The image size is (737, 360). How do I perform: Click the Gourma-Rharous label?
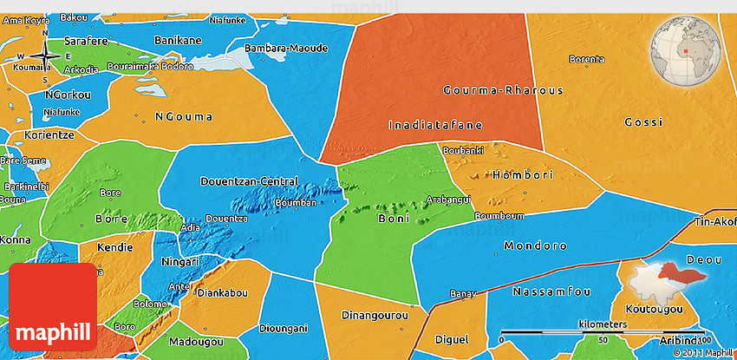point(503,90)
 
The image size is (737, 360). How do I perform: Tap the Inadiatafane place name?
point(434,124)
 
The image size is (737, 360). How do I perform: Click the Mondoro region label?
point(535,245)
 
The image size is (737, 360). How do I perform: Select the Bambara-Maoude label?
point(285,49)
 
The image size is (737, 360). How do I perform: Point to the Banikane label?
point(177,40)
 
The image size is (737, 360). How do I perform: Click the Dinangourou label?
point(375,315)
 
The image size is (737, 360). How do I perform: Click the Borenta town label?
point(586,59)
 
